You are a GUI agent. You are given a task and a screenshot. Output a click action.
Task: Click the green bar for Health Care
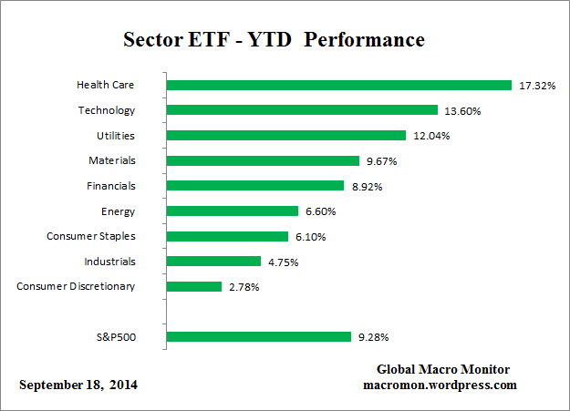(339, 86)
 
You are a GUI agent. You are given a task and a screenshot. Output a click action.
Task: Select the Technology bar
(303, 110)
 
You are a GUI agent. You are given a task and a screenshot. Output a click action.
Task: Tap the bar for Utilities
(286, 136)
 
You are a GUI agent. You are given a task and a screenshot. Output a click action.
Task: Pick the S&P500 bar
(259, 336)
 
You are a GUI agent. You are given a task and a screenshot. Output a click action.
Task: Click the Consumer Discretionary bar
(194, 286)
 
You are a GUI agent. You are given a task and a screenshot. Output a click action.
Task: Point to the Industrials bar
(214, 262)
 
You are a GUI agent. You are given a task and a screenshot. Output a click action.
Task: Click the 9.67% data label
(383, 161)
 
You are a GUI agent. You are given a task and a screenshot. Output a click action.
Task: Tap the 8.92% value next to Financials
(366, 186)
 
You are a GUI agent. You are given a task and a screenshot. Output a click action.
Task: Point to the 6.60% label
(321, 211)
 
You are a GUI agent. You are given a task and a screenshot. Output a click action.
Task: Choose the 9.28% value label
(374, 336)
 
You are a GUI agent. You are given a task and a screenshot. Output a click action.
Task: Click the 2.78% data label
(244, 287)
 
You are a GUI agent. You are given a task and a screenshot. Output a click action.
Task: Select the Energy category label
(118, 211)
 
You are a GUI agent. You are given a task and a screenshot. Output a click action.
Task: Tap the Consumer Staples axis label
(91, 236)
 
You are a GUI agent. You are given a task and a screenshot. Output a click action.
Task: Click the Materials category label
(111, 161)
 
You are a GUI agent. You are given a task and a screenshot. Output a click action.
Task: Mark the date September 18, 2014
(79, 385)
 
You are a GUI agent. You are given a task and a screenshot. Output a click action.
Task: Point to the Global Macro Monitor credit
(443, 369)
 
